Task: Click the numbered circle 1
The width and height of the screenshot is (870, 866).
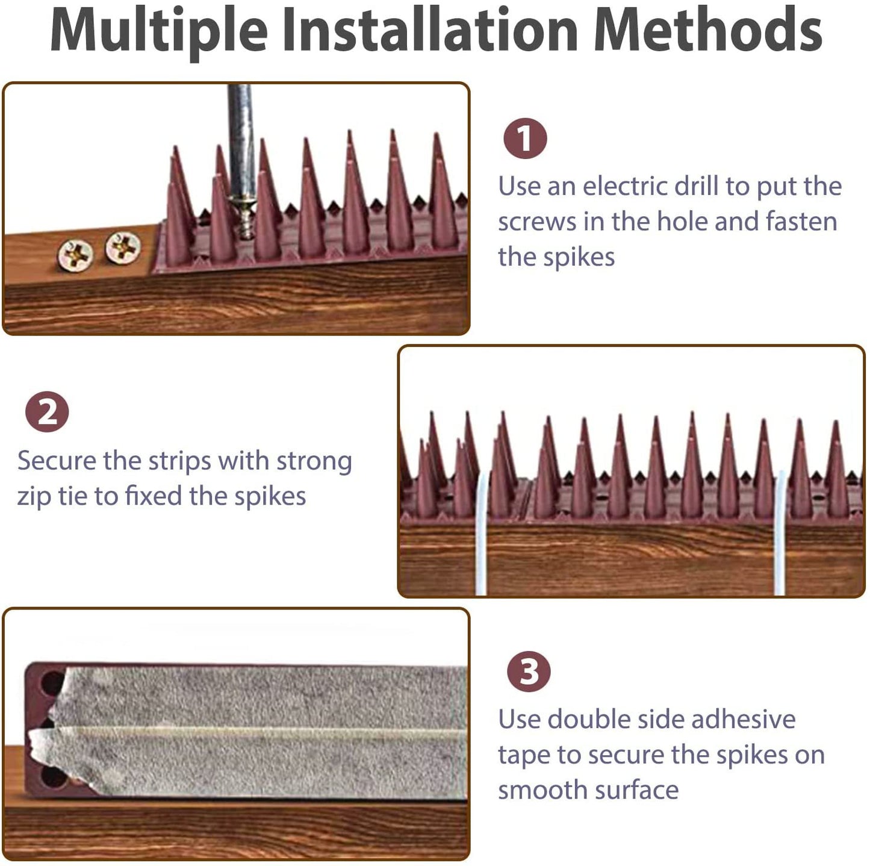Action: point(525,139)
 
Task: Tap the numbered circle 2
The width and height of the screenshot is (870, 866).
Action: point(47,413)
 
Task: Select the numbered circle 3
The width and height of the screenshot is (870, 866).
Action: point(529,671)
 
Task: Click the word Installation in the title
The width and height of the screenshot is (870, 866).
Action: point(430,30)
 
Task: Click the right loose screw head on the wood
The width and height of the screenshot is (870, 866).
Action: point(123,247)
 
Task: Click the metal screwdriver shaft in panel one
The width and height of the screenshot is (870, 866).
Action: point(240,139)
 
